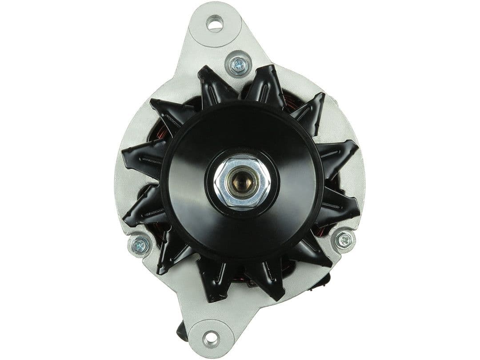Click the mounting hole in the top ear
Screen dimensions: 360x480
click(x=215, y=23)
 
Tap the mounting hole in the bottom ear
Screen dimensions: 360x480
click(x=211, y=339)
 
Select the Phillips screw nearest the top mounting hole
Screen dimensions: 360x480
click(x=238, y=65)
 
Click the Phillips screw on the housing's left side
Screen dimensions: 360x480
click(x=140, y=245)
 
